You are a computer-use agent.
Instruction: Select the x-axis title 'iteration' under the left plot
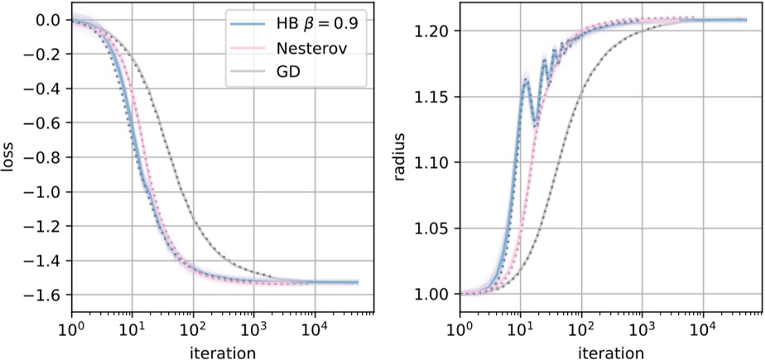(222, 352)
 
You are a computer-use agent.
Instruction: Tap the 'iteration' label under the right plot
(611, 352)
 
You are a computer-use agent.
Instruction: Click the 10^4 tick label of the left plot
(315, 329)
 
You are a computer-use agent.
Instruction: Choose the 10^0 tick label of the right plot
(460, 329)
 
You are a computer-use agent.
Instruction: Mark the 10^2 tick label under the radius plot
(582, 329)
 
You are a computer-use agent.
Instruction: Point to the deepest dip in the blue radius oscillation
(536, 124)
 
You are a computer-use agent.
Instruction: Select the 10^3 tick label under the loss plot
(254, 329)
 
